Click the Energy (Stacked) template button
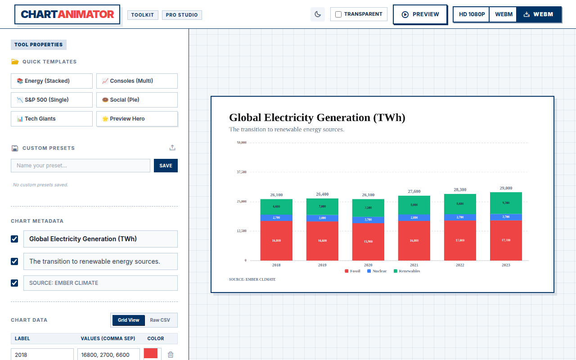51,81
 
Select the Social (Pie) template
137,100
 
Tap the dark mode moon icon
318,14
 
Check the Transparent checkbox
338,14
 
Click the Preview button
420,14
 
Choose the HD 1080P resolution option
472,14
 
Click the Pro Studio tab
182,15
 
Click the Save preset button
166,166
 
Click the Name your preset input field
81,166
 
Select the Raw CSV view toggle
160,320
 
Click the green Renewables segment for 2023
506,203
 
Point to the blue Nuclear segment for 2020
368,220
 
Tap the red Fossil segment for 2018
276,241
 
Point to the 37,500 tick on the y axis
242,172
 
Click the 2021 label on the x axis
414,265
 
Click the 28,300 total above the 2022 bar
460,190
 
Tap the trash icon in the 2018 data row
171,355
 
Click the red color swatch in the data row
151,354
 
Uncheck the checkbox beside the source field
14,283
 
